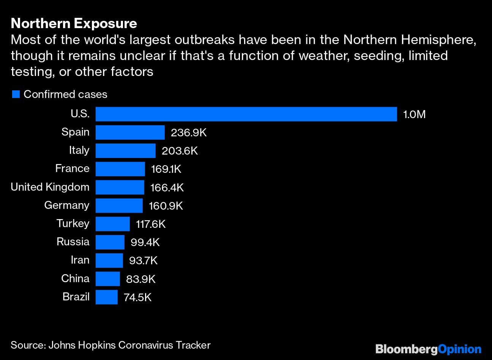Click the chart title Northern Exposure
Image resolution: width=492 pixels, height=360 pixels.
tap(74, 24)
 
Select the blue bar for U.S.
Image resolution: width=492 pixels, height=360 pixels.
tap(246, 114)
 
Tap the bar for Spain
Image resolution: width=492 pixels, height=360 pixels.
tap(130, 133)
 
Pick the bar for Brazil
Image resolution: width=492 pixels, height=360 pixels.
tap(106, 297)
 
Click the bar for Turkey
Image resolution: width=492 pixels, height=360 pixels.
tap(112, 224)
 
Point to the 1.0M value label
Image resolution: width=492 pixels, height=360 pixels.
tap(414, 114)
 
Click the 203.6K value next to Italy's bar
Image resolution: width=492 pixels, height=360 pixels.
tap(180, 151)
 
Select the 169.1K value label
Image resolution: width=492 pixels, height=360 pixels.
tap(166, 169)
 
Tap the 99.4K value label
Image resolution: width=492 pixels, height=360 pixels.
tap(145, 242)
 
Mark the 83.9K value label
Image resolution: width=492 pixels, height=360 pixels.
tap(140, 279)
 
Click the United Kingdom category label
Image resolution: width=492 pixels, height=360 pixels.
tap(50, 187)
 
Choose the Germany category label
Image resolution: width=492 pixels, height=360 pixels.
tap(67, 205)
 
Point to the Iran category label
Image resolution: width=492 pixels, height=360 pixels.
tap(80, 260)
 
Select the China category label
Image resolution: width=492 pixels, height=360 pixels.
tap(75, 278)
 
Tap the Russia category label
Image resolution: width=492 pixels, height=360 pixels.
tap(73, 242)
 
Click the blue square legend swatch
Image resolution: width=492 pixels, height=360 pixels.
tap(16, 95)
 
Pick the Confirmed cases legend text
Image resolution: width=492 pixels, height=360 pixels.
tap(65, 95)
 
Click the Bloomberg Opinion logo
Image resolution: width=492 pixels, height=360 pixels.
tap(428, 349)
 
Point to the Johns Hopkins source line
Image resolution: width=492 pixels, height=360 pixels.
tap(110, 345)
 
